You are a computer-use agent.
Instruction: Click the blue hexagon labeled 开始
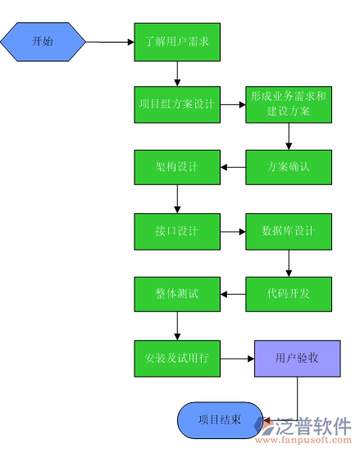[43, 40]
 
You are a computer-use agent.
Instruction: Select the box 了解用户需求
[177, 40]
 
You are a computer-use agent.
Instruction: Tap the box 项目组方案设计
[177, 104]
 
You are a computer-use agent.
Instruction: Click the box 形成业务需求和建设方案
[288, 104]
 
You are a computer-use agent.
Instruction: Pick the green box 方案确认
[288, 167]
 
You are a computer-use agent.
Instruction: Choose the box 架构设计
[177, 167]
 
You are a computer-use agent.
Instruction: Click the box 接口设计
[177, 231]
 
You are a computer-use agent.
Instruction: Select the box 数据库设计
[288, 231]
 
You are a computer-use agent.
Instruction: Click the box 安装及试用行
[177, 358]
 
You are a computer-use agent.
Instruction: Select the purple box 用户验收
[297, 358]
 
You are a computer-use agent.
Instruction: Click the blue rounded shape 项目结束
[220, 419]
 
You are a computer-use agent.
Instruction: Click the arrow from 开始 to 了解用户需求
[110, 40]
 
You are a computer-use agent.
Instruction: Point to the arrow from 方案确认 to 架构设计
[233, 168]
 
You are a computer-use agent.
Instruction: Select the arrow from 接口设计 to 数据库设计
[233, 231]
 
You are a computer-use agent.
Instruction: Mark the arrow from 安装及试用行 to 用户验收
[238, 358]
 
